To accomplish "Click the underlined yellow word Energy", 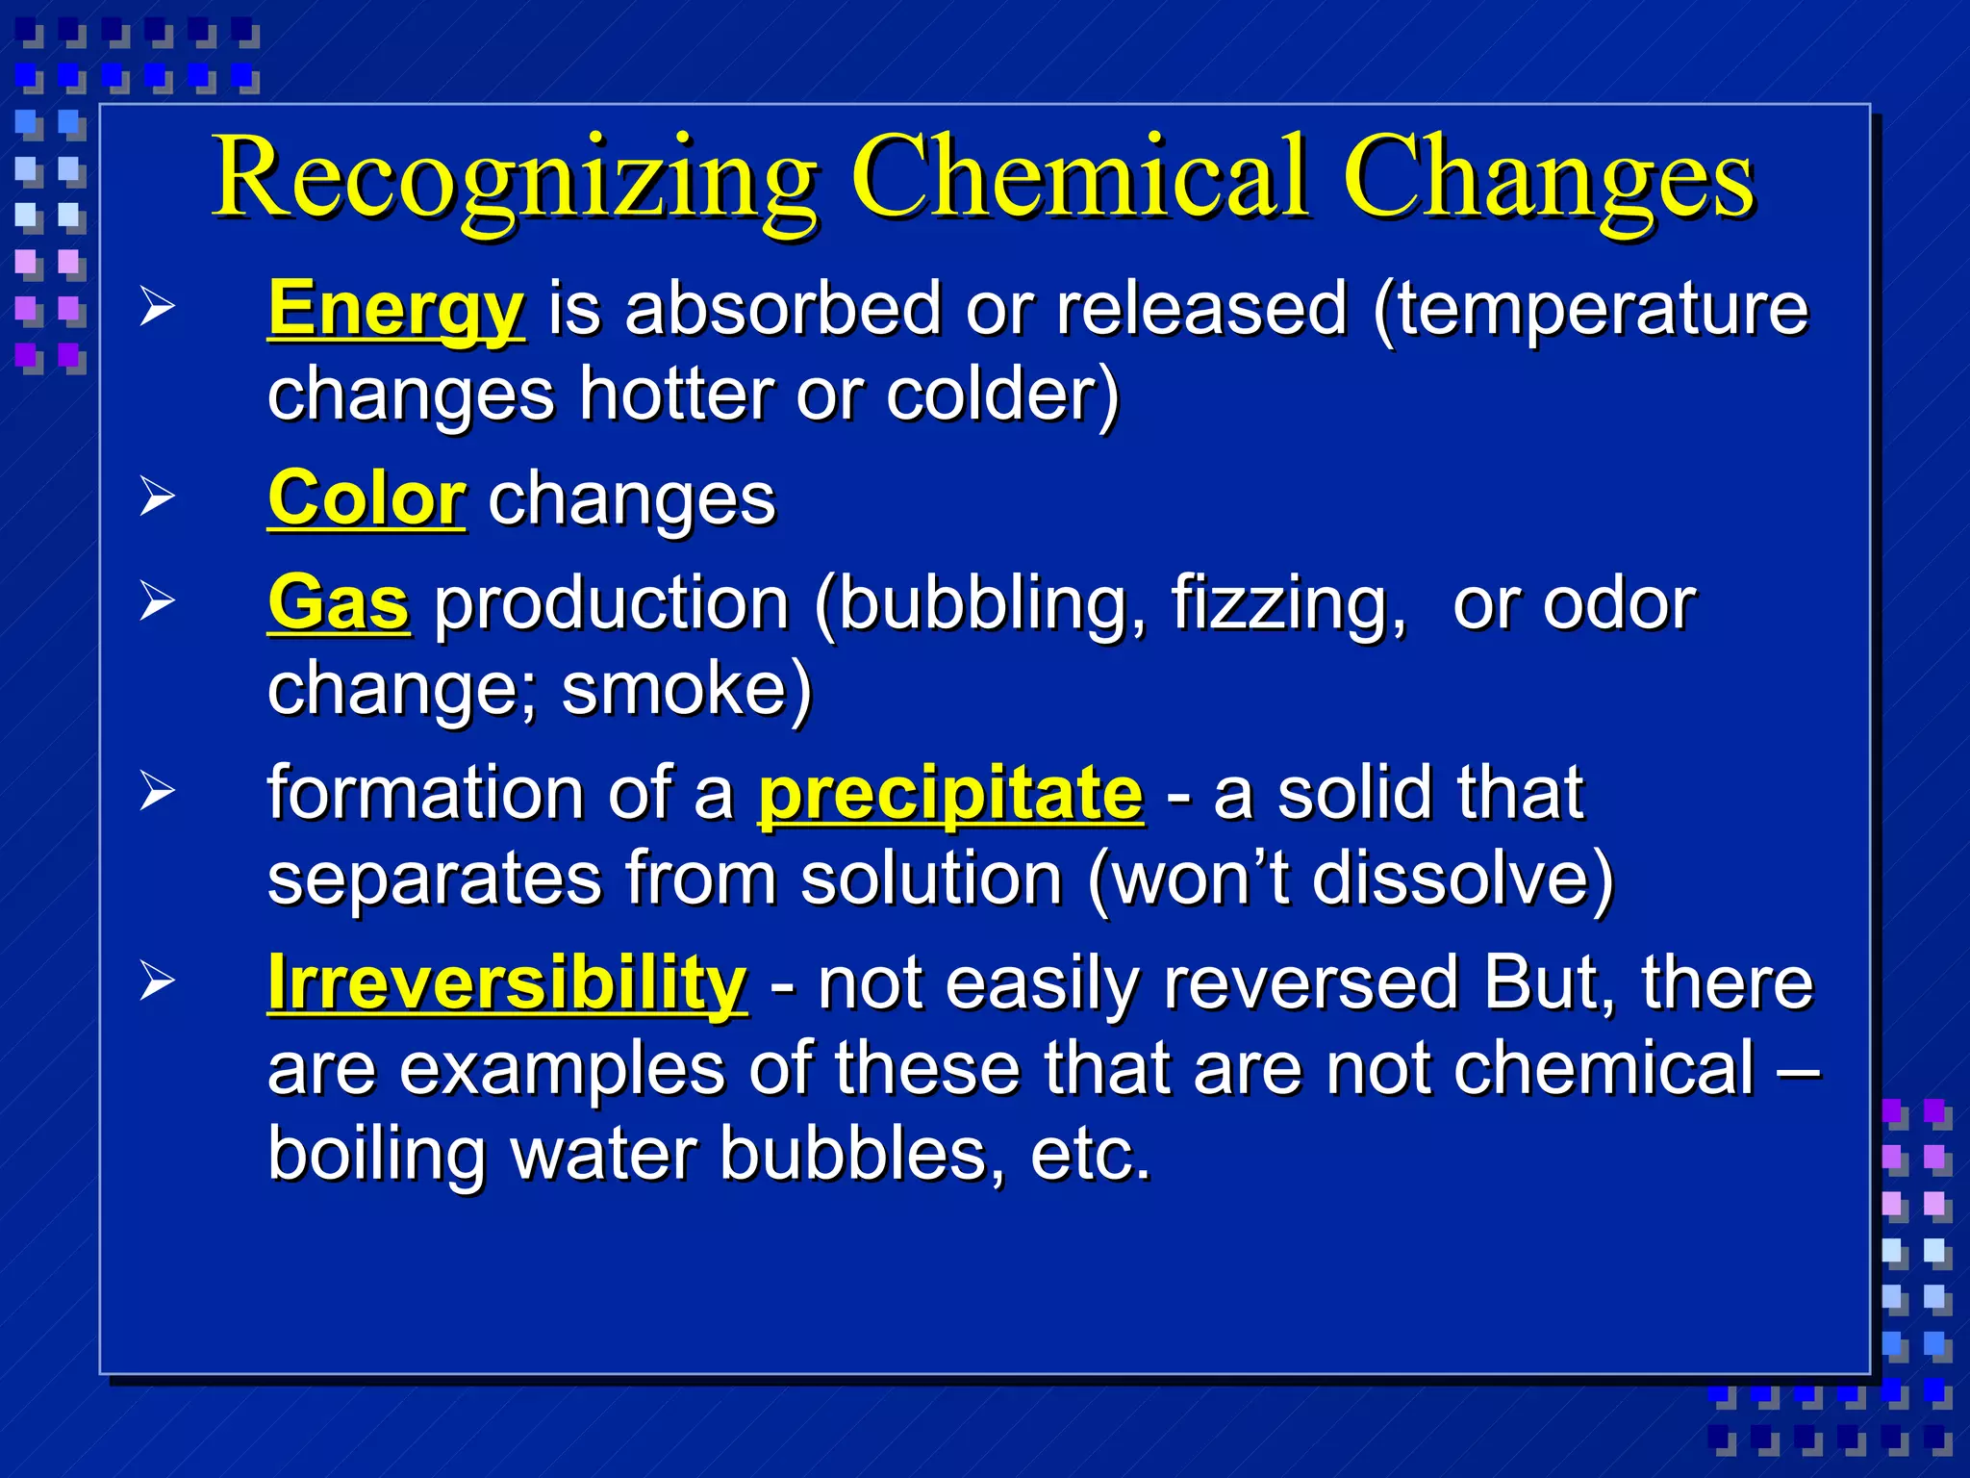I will [396, 310].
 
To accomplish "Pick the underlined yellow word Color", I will [366, 499].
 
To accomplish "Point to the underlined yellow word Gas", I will [339, 603].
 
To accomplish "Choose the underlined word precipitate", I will [950, 794].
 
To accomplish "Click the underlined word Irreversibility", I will [507, 983].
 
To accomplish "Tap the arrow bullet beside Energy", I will [158, 308].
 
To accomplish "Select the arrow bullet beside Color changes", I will [158, 497].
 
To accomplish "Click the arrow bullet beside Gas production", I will [158, 601].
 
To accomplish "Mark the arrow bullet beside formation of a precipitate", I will [158, 792].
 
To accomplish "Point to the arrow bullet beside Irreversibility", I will [158, 981].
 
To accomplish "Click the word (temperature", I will [1591, 310].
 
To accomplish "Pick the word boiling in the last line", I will [376, 1155].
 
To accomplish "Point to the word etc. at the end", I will [1090, 1155].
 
